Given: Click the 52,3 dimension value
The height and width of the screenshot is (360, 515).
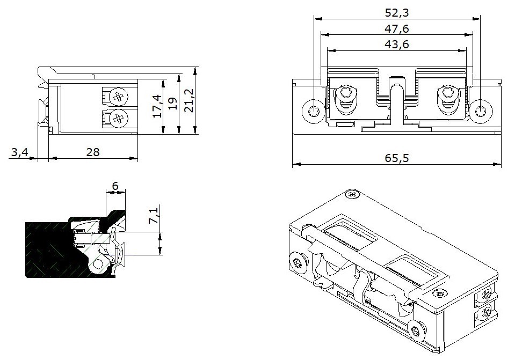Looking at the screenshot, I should [397, 12].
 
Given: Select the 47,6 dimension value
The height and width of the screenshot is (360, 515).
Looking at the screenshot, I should [397, 28].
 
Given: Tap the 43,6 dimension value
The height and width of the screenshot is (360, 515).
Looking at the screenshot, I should [397, 45].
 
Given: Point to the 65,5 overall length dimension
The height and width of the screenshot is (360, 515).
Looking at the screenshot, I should [397, 158].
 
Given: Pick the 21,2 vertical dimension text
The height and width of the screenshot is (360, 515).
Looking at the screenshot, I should [188, 101].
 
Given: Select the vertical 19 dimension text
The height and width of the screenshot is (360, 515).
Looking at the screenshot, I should [172, 104].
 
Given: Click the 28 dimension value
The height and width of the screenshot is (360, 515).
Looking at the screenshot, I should [93, 152].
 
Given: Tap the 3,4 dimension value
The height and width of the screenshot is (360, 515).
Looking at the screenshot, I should [19, 152].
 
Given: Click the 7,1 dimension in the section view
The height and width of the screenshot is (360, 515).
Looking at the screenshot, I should [154, 216].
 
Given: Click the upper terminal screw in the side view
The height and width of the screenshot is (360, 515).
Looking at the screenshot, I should [118, 97].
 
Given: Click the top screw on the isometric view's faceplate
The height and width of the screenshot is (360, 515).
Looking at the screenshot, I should [352, 194].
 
